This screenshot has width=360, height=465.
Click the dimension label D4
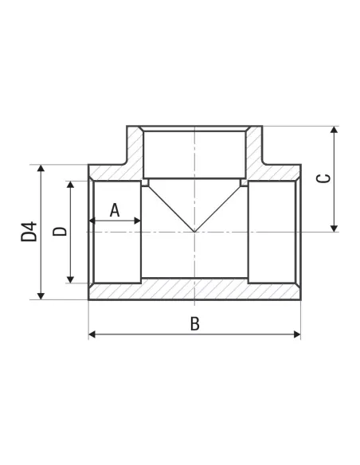tap(29, 232)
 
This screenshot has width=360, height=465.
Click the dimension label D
tap(60, 232)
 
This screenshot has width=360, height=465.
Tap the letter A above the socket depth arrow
tap(115, 210)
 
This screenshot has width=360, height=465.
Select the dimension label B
tap(195, 323)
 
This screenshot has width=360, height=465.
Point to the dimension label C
tap(323, 178)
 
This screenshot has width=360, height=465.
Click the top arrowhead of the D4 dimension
tap(41, 168)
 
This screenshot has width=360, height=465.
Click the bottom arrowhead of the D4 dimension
tap(41, 296)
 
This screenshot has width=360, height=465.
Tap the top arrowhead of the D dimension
tap(70, 185)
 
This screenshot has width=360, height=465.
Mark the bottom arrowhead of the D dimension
tap(70, 279)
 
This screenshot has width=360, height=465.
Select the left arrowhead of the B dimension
tap(92, 334)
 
